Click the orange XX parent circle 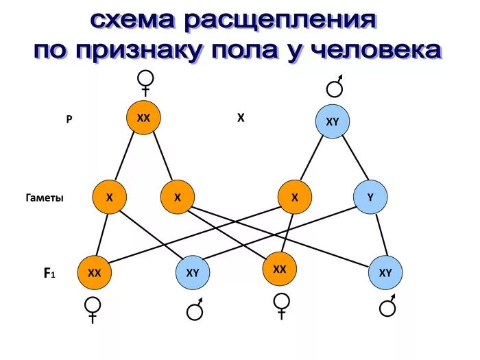(x=143, y=118)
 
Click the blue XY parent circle (x=332, y=122)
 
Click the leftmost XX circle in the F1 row (x=94, y=272)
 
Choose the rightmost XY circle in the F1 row (x=385, y=272)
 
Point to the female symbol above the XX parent (x=145, y=83)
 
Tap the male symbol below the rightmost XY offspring (x=389, y=306)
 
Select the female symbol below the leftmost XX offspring (x=93, y=309)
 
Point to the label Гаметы (x=45, y=197)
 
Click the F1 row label (x=49, y=273)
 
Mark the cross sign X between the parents (x=241, y=118)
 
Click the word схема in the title (x=132, y=20)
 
